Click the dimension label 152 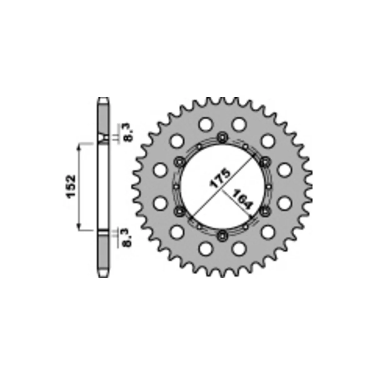point(71,187)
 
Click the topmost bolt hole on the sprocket point(222,137)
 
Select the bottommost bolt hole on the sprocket point(222,236)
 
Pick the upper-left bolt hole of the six point(179,162)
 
